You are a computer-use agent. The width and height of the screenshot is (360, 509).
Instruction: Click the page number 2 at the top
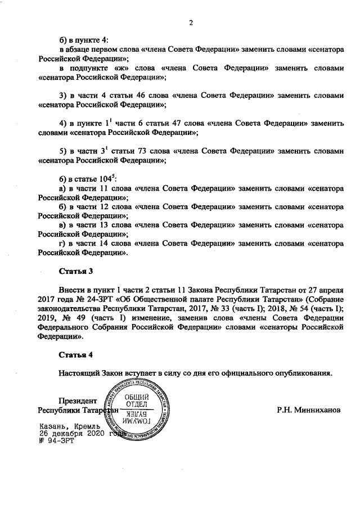click(191, 23)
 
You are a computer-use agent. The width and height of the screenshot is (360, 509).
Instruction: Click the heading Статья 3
click(76, 272)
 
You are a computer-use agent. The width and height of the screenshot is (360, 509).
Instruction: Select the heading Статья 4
click(76, 355)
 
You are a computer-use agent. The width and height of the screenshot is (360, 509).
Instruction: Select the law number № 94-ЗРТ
click(56, 440)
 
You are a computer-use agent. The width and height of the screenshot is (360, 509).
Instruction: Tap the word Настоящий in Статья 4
click(79, 373)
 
